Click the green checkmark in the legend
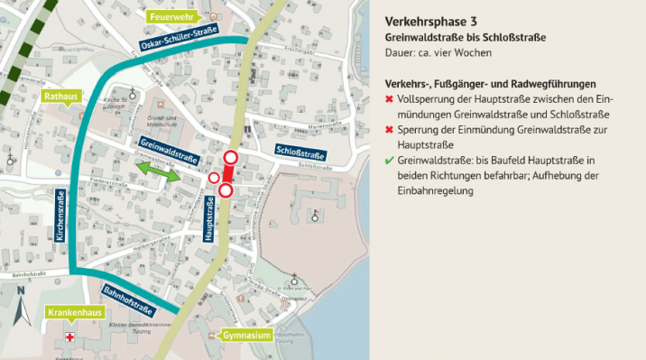tap(389, 160)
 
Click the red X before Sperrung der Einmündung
tap(389, 129)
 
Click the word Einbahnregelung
tap(435, 190)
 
